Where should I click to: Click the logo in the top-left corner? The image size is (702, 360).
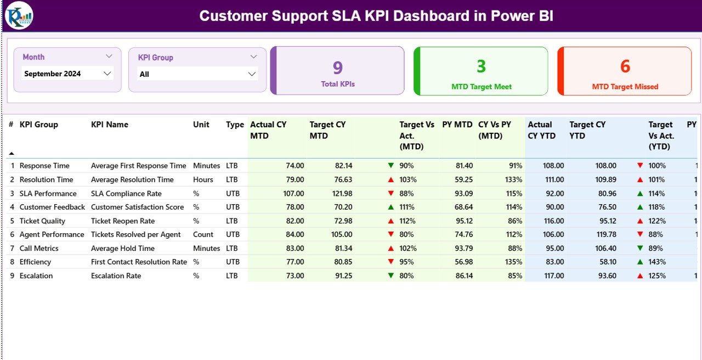(x=19, y=15)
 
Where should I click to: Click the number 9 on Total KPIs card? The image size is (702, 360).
(x=338, y=67)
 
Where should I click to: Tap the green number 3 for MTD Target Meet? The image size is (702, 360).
(x=481, y=66)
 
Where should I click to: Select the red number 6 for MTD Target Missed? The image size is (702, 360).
(x=625, y=66)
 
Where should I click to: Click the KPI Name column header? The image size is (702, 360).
(x=110, y=125)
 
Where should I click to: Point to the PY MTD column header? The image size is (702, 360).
(x=457, y=125)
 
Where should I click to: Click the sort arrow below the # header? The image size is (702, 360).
(x=12, y=154)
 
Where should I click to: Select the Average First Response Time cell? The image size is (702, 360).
(x=138, y=166)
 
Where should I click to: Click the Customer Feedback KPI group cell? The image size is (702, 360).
(x=52, y=207)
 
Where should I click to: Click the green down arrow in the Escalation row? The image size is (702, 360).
(x=390, y=275)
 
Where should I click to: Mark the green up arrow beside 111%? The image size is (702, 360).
(x=390, y=207)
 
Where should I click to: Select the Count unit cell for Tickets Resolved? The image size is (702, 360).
(x=203, y=234)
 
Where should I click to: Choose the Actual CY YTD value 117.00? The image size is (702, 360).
(x=553, y=275)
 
